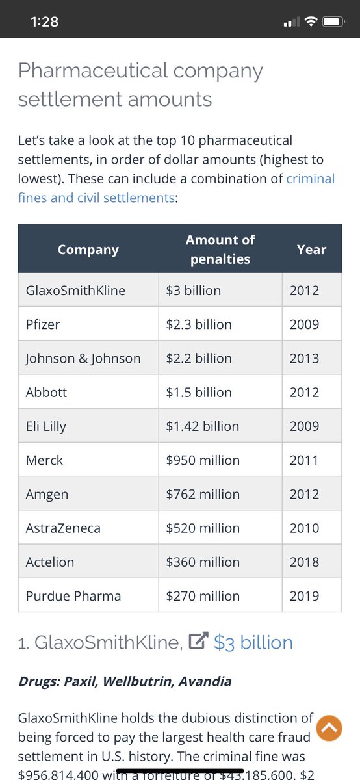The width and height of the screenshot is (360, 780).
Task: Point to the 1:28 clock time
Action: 44,22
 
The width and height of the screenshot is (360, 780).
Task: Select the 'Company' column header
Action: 88,250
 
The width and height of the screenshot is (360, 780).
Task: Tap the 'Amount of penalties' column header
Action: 220,250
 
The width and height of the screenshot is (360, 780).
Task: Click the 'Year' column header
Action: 311,250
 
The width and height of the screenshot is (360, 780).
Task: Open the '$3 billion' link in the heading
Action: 253,643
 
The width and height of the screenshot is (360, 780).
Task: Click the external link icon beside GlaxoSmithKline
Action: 197,642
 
